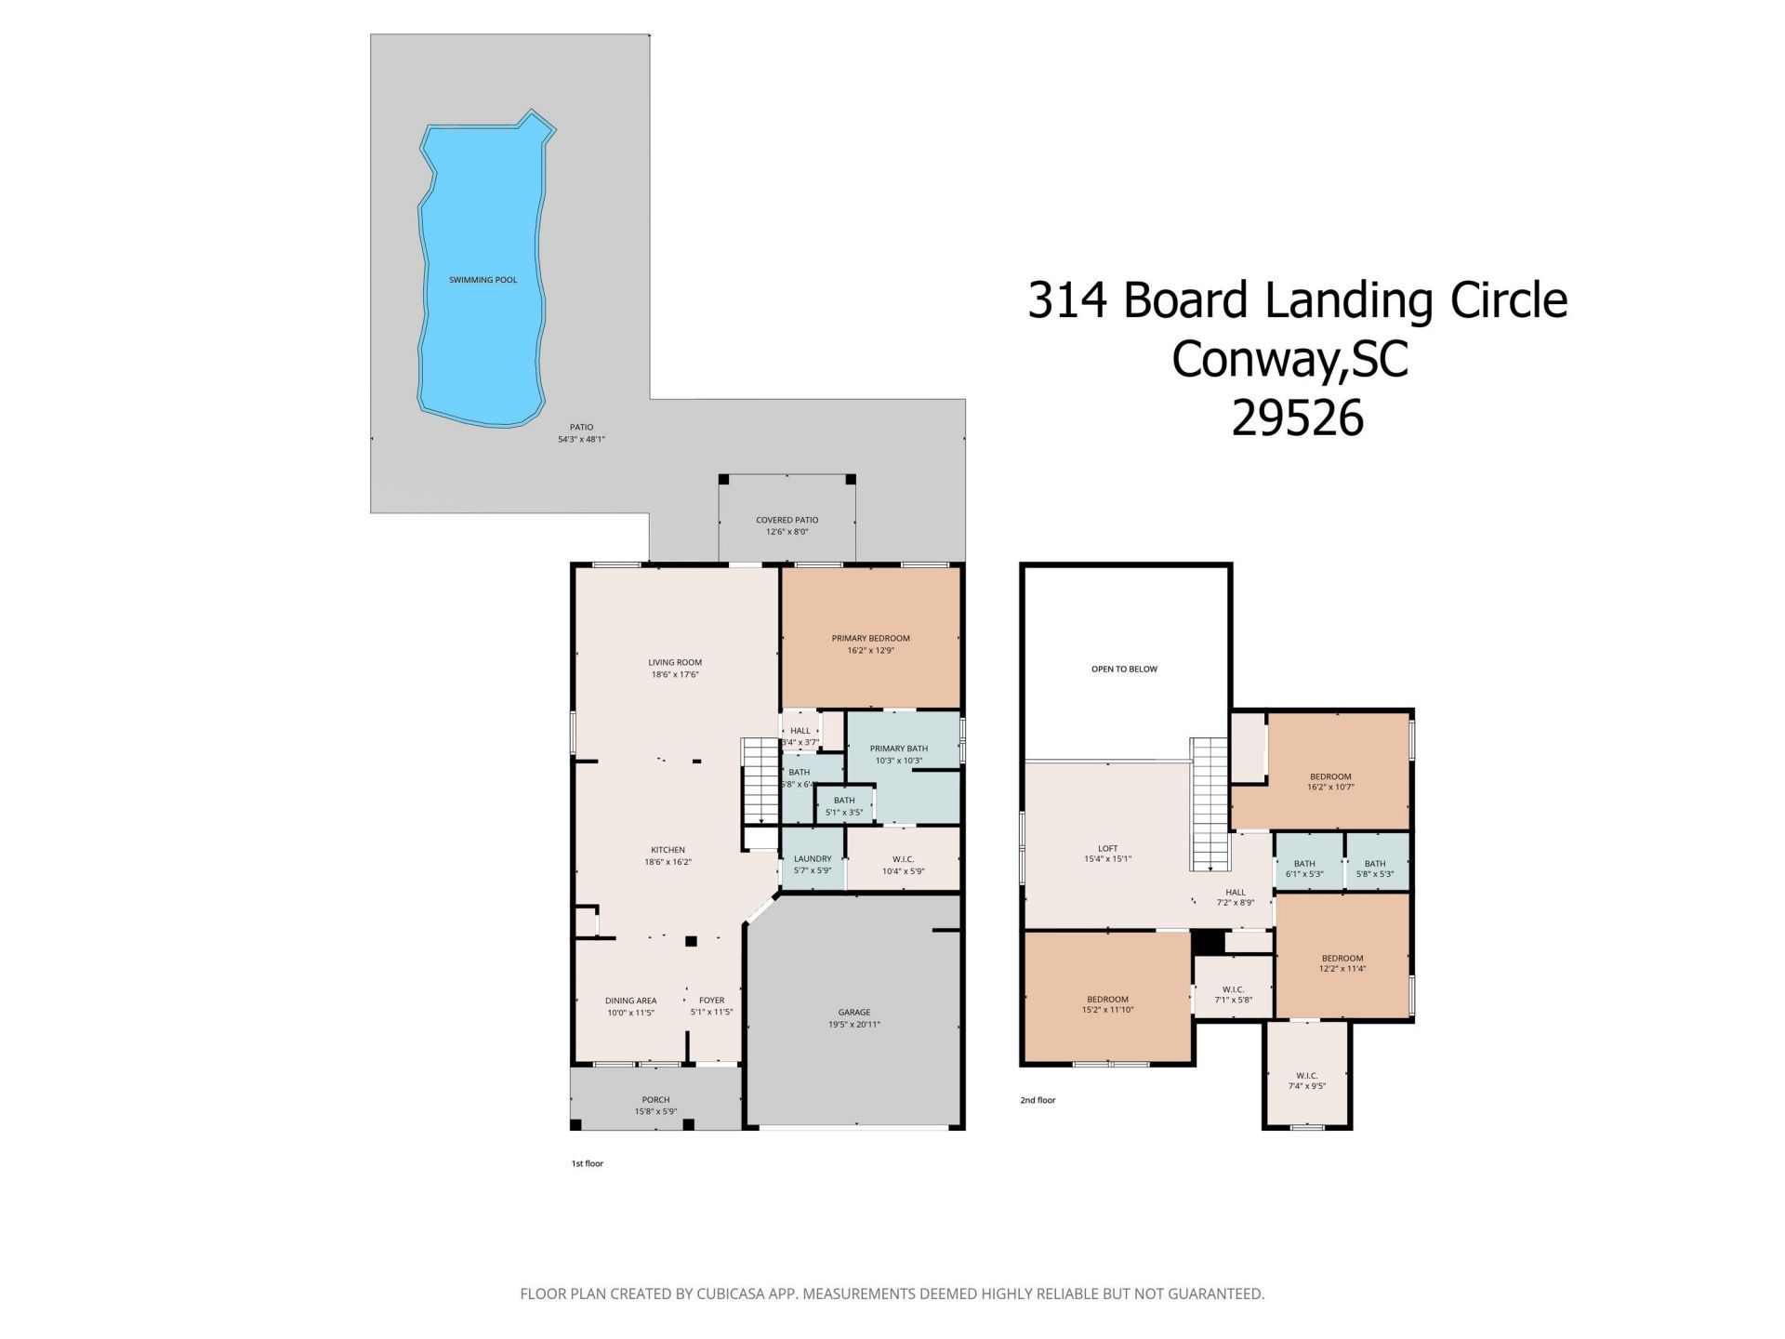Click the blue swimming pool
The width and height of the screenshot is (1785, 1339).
click(482, 279)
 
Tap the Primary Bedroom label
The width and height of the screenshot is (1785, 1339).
click(870, 638)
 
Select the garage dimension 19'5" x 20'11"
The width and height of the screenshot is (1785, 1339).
click(853, 1025)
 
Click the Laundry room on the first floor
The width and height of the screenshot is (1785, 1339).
click(813, 865)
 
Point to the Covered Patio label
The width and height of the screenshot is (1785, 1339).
click(787, 521)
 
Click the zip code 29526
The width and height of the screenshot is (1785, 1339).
click(1297, 418)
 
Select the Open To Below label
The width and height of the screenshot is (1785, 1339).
click(1124, 669)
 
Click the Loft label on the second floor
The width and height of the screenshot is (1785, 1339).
click(1107, 848)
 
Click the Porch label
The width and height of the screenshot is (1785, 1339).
click(655, 1100)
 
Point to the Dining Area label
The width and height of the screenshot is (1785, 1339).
click(630, 1001)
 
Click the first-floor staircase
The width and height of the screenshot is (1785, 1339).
click(759, 781)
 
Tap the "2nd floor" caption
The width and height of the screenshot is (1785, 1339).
click(1038, 1100)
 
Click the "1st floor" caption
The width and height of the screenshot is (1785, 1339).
click(587, 1163)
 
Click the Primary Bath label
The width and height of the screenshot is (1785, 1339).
click(898, 749)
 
